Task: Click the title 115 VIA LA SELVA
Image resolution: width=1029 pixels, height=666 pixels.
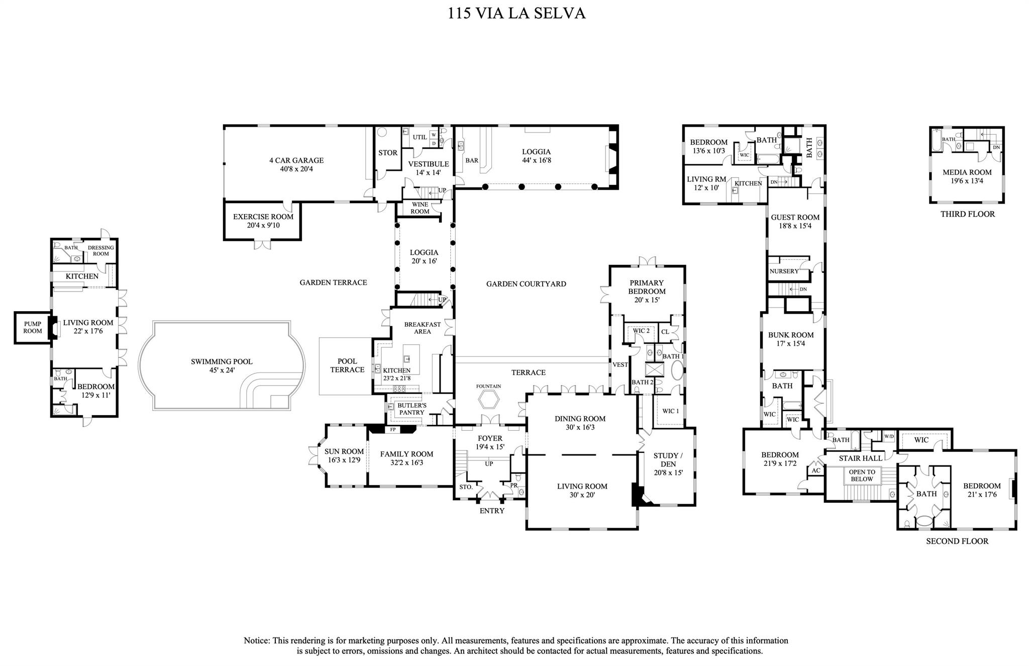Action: pos(517,14)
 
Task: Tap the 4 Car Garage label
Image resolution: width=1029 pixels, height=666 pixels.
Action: pos(296,164)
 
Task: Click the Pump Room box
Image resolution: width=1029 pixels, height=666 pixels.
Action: pos(32,328)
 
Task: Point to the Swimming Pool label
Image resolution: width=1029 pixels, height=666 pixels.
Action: pos(222,365)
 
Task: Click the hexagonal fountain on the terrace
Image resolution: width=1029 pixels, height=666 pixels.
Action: pos(489,401)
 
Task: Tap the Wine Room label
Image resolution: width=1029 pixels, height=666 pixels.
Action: pos(420,208)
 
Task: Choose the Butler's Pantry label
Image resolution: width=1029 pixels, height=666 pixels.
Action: pos(411,409)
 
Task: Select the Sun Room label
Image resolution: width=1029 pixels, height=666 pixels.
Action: pos(344,455)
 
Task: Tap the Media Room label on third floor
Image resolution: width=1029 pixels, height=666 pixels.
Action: pos(967,176)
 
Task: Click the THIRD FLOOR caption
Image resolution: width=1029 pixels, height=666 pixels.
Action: pos(967,214)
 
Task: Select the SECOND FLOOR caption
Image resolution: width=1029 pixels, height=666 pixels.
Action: pos(957,541)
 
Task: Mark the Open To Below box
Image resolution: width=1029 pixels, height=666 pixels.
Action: pos(862,475)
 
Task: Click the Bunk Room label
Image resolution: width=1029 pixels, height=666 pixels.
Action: pos(790,339)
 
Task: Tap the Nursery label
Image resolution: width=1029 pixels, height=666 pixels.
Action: pos(784,271)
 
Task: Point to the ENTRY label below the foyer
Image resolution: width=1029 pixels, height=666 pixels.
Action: pos(491,511)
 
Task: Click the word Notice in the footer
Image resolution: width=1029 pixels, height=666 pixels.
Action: pos(257,640)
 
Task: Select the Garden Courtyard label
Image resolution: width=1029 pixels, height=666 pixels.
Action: pos(526,284)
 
